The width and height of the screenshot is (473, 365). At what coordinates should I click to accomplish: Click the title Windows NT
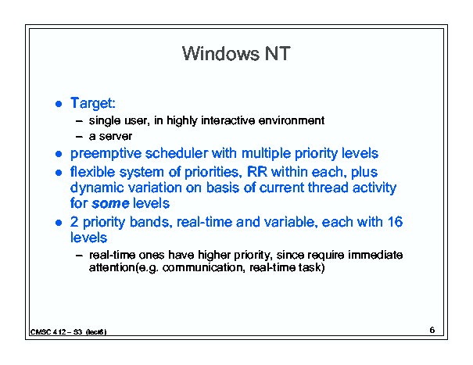(x=236, y=54)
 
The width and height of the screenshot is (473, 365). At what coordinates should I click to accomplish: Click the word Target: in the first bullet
(x=93, y=103)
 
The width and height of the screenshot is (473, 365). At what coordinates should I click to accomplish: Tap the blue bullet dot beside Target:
(x=59, y=104)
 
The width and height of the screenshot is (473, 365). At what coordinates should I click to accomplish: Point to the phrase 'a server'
(x=110, y=136)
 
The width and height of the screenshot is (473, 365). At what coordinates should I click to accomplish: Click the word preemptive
(x=106, y=153)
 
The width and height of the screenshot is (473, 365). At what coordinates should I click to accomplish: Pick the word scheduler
(x=177, y=153)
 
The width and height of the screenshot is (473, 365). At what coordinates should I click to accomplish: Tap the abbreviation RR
(x=257, y=172)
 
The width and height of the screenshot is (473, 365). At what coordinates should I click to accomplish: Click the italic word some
(x=110, y=203)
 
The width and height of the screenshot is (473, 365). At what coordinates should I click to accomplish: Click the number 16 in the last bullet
(x=395, y=222)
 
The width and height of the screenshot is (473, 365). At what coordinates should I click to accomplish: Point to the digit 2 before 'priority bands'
(x=74, y=222)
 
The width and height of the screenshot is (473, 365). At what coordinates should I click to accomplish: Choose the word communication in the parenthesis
(x=203, y=267)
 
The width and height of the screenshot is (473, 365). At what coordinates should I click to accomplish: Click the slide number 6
(x=432, y=330)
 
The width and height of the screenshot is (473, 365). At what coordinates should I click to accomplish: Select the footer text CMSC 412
(x=48, y=332)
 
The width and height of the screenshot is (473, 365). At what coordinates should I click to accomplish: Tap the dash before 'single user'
(x=79, y=121)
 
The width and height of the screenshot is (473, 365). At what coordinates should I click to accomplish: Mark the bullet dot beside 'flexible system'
(x=59, y=173)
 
